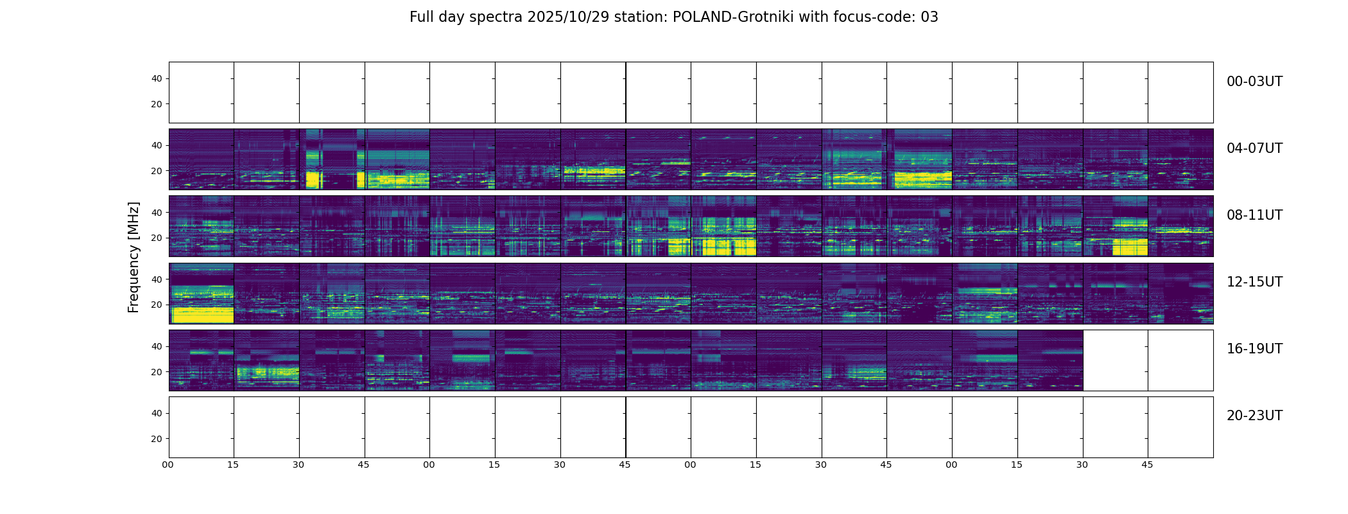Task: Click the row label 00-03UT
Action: (x=1254, y=82)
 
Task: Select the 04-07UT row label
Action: (x=1254, y=148)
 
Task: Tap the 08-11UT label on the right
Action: (x=1254, y=215)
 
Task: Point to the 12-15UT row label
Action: (x=1254, y=282)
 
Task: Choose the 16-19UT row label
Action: (x=1254, y=349)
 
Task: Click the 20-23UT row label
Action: (x=1254, y=416)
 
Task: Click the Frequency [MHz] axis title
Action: (x=134, y=257)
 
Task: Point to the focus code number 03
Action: (x=929, y=17)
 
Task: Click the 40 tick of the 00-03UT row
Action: (x=157, y=79)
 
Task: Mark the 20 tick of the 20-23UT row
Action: (x=157, y=439)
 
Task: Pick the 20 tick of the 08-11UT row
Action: (x=157, y=238)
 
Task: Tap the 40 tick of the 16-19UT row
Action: (x=157, y=347)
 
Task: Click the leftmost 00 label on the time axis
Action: (x=168, y=465)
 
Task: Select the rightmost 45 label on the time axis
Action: (x=1147, y=465)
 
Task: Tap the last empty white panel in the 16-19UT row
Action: (x=1180, y=360)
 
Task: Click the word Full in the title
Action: (x=420, y=17)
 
